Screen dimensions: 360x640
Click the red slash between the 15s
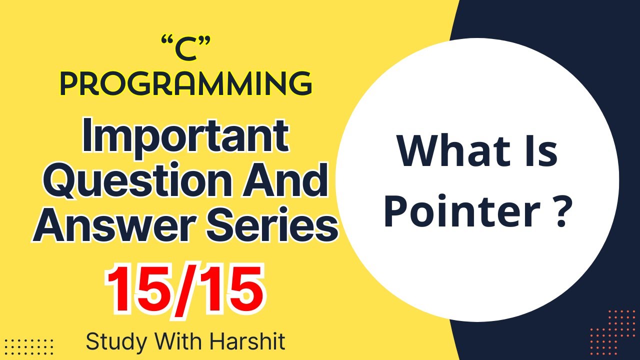[x=183, y=289]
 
